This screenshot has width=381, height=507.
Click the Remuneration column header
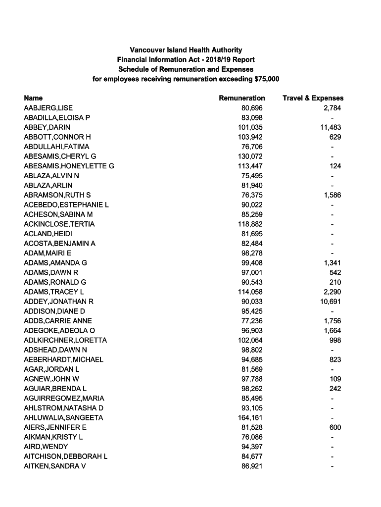pyautogui.click(x=241, y=98)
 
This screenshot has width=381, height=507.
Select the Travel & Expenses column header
pyautogui.click(x=313, y=98)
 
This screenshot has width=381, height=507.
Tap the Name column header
pyautogui.click(x=33, y=98)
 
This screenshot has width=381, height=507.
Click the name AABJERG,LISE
pyautogui.click(x=48, y=108)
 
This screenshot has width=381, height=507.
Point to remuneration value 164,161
pyautogui.click(x=250, y=417)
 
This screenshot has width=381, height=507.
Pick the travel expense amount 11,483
pyautogui.click(x=331, y=127)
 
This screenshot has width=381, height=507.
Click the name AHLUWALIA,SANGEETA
pyautogui.click(x=63, y=417)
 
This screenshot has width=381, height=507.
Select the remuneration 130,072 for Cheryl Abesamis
pyautogui.click(x=250, y=156)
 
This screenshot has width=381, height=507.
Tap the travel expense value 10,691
pyautogui.click(x=331, y=302)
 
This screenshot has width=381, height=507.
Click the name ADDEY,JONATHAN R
pyautogui.click(x=59, y=302)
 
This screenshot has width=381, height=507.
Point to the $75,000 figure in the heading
pyautogui.click(x=266, y=79)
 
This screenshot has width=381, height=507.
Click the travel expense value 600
pyautogui.click(x=335, y=427)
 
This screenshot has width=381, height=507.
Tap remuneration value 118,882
pyautogui.click(x=250, y=224)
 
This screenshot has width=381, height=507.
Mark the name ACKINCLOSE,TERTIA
pyautogui.click(x=59, y=224)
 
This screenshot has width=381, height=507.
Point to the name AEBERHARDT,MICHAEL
pyautogui.click(x=63, y=359)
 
